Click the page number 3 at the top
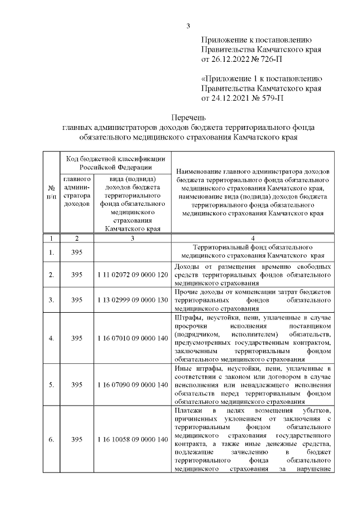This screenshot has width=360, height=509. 188,25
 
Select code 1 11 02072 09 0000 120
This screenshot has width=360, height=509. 133,274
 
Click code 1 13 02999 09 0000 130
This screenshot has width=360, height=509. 133,300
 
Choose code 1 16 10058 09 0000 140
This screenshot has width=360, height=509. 133,439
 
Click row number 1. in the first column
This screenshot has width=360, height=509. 51,251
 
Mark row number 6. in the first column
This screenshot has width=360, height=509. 51,439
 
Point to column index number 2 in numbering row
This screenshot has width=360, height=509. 76,238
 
